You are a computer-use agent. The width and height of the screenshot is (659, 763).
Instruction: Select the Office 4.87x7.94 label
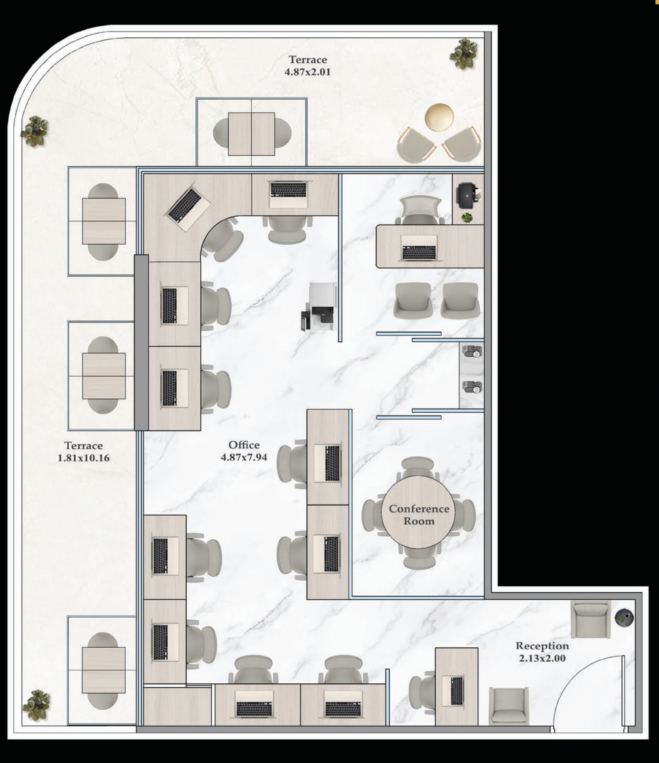[x=244, y=451]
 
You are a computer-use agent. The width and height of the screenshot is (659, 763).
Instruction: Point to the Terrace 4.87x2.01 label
[x=308, y=66]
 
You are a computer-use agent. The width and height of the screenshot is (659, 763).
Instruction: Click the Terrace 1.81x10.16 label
[x=83, y=452]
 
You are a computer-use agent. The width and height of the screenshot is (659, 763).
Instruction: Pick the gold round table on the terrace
[x=439, y=117]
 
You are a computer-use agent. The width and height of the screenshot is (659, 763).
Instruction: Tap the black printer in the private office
[x=469, y=195]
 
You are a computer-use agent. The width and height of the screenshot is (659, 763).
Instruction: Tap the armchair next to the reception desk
[x=509, y=706]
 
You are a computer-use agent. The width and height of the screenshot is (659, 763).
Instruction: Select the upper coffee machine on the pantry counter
[x=472, y=351]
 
